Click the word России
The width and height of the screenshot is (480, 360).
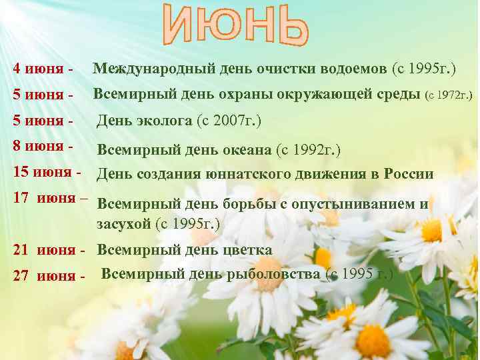[407, 175]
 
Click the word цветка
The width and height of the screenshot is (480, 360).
[246, 250]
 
